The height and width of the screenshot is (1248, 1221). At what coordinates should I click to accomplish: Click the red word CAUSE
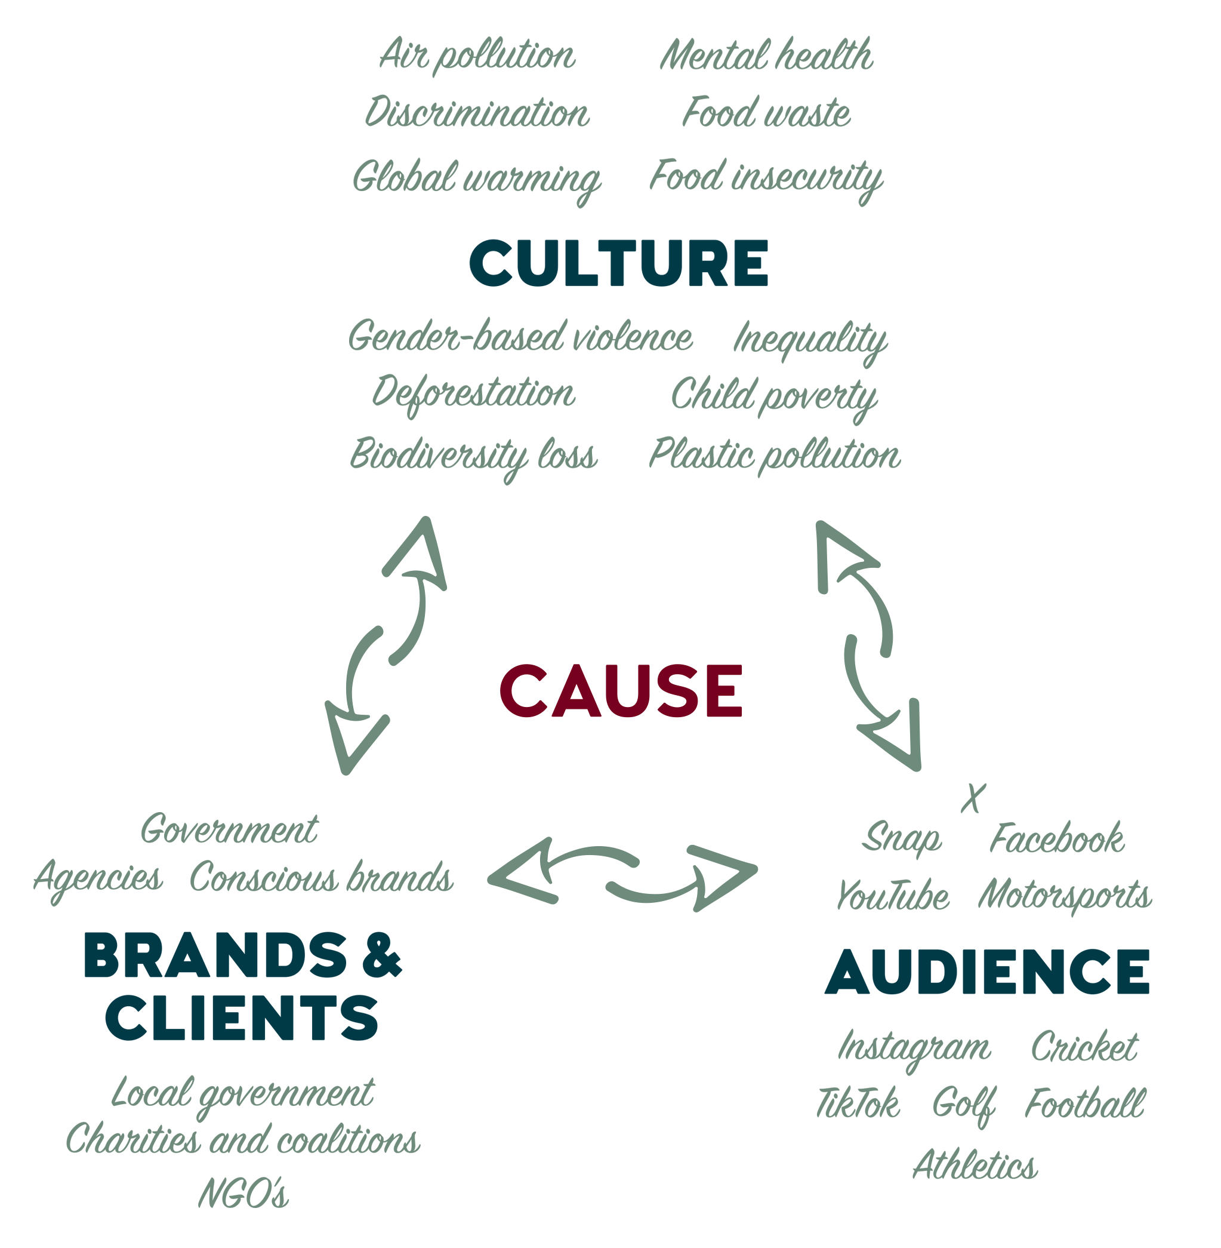pos(621,690)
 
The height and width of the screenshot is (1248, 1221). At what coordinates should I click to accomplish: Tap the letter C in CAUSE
pos(523,690)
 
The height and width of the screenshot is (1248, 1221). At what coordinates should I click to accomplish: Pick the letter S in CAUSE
pos(679,690)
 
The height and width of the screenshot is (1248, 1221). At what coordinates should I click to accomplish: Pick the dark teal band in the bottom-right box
pos(984,975)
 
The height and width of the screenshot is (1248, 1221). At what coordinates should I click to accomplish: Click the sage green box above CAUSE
pos(625,398)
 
